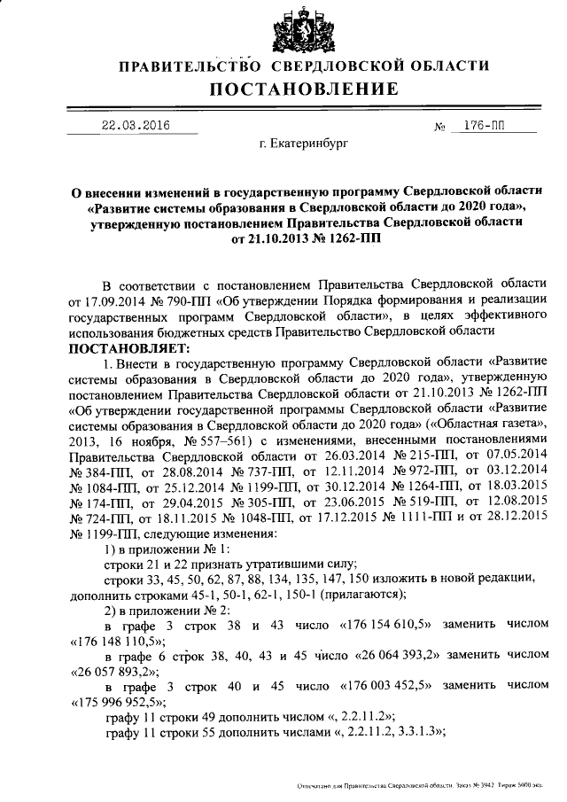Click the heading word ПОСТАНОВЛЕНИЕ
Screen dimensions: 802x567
pyautogui.click(x=303, y=89)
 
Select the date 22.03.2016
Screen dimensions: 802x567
pyautogui.click(x=136, y=125)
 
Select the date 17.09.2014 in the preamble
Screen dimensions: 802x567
pyautogui.click(x=118, y=300)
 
